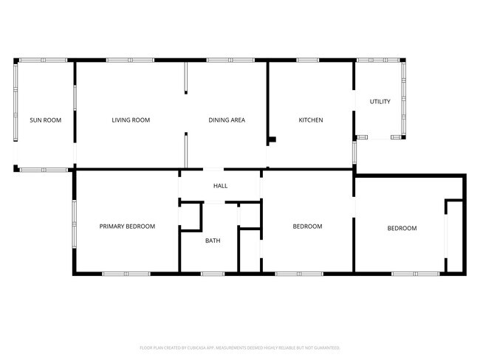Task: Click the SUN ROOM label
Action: pos(45,120)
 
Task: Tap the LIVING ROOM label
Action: pos(131,120)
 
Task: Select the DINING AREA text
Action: pos(227,120)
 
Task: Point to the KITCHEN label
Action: pos(310,120)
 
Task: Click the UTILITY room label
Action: pos(380,102)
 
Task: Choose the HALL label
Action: pos(220,186)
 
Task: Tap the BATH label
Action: pos(213,240)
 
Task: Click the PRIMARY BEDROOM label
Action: pos(127,226)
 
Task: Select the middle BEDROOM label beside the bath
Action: pos(307,226)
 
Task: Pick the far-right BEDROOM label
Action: pos(402,229)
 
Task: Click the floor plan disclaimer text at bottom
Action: pos(239,347)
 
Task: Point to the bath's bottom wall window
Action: pos(213,274)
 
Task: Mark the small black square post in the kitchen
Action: pos(272,139)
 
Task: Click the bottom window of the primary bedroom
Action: pos(126,274)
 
